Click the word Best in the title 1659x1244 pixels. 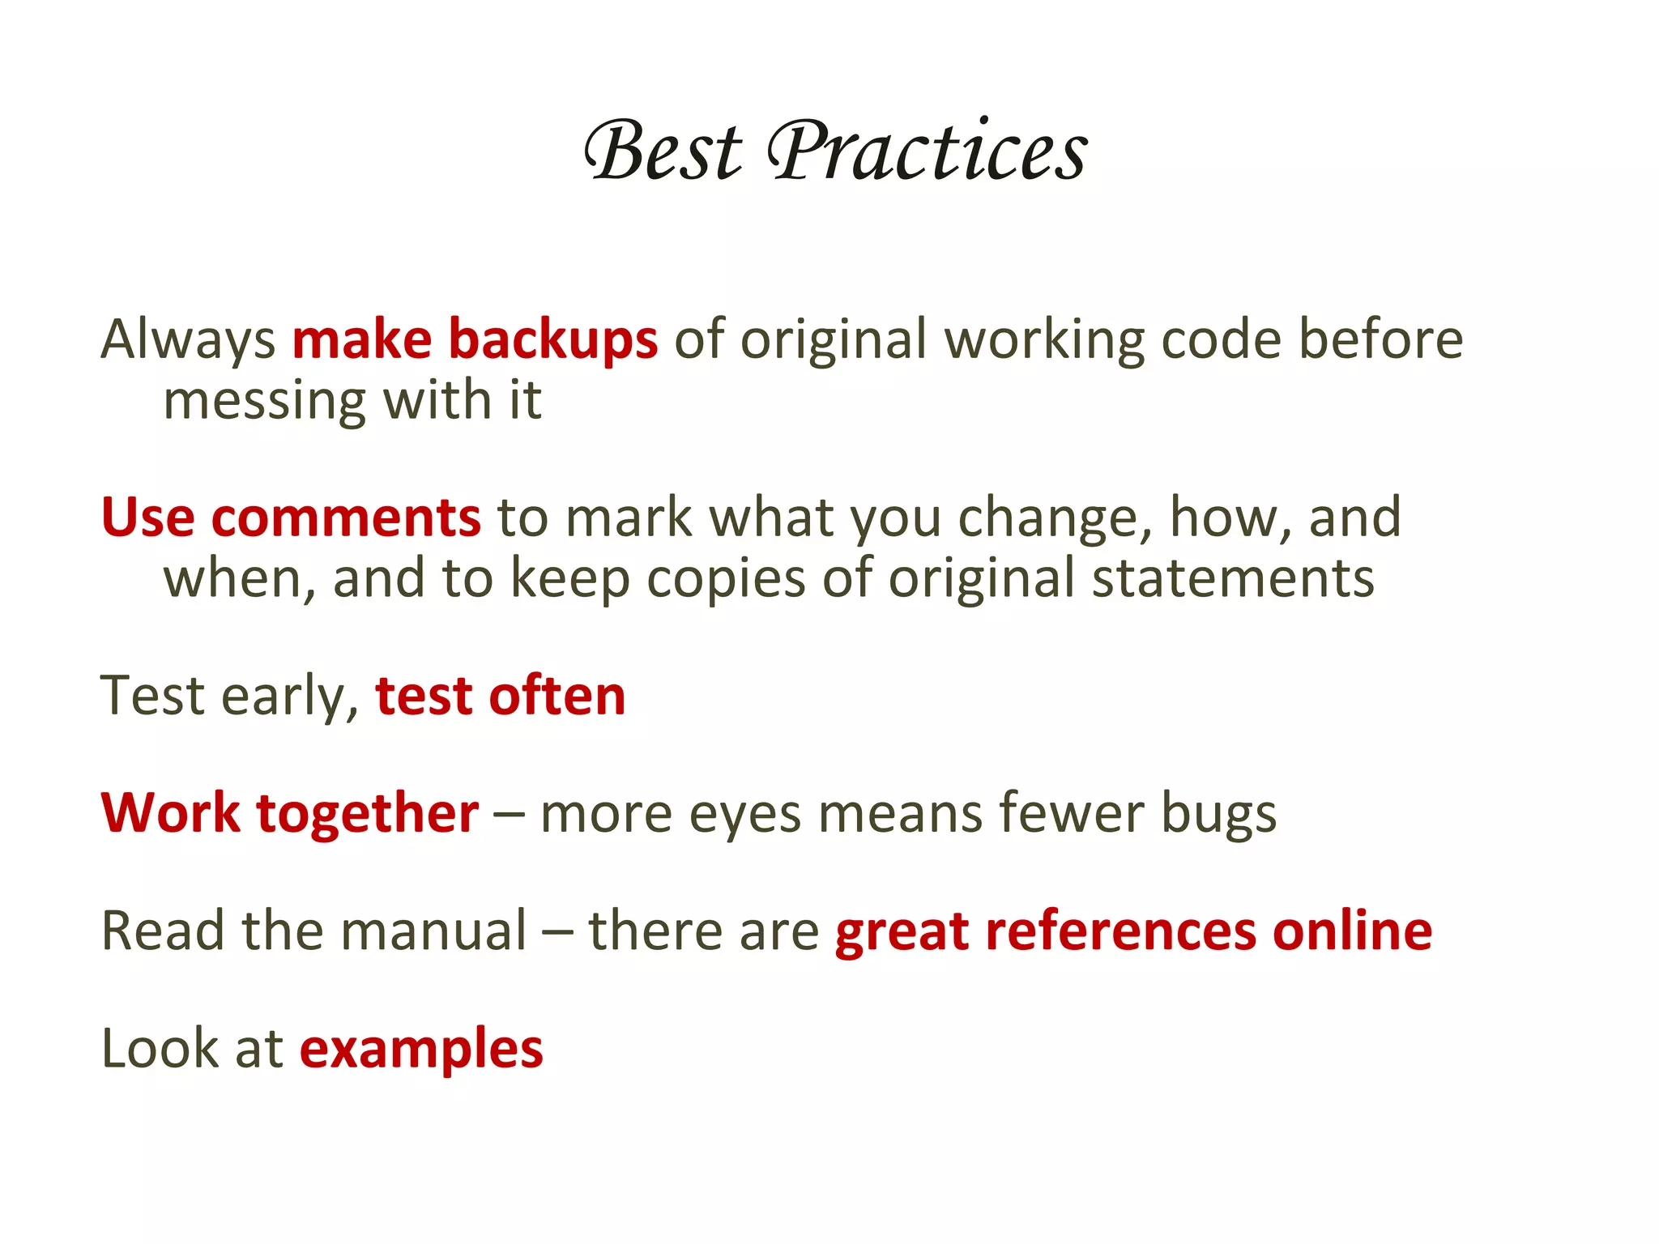pos(663,151)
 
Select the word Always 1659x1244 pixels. pos(188,340)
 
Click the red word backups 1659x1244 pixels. pos(552,340)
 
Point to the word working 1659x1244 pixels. pos(1045,340)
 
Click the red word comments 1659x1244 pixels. pos(346,518)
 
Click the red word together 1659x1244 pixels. pos(367,815)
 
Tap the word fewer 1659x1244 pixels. pos(1071,813)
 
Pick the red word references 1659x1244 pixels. pos(1120,931)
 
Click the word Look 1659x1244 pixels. pos(160,1050)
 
